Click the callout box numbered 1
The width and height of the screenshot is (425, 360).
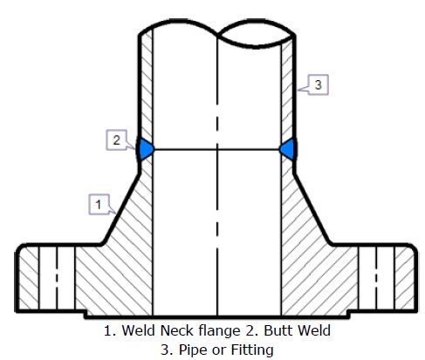pyautogui.click(x=99, y=204)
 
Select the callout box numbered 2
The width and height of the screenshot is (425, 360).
pyautogui.click(x=116, y=139)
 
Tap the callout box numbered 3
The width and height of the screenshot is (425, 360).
pyautogui.click(x=319, y=85)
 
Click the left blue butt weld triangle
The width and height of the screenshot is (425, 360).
pyautogui.click(x=145, y=149)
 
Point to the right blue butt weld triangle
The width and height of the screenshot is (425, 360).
pyautogui.click(x=289, y=149)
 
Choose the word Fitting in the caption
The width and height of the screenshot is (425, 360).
pyautogui.click(x=252, y=350)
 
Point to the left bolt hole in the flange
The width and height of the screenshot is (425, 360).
pyautogui.click(x=57, y=277)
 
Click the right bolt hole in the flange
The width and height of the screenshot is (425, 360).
pyautogui.click(x=376, y=277)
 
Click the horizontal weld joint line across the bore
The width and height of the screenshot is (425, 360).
pyautogui.click(x=217, y=150)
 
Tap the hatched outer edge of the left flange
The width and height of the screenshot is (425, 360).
pyautogui.click(x=29, y=278)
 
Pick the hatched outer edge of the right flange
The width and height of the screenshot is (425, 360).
pyautogui.click(x=404, y=278)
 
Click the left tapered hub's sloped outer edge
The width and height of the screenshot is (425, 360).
pyautogui.click(x=120, y=208)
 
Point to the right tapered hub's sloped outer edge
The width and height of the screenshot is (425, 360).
pyautogui.click(x=313, y=208)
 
